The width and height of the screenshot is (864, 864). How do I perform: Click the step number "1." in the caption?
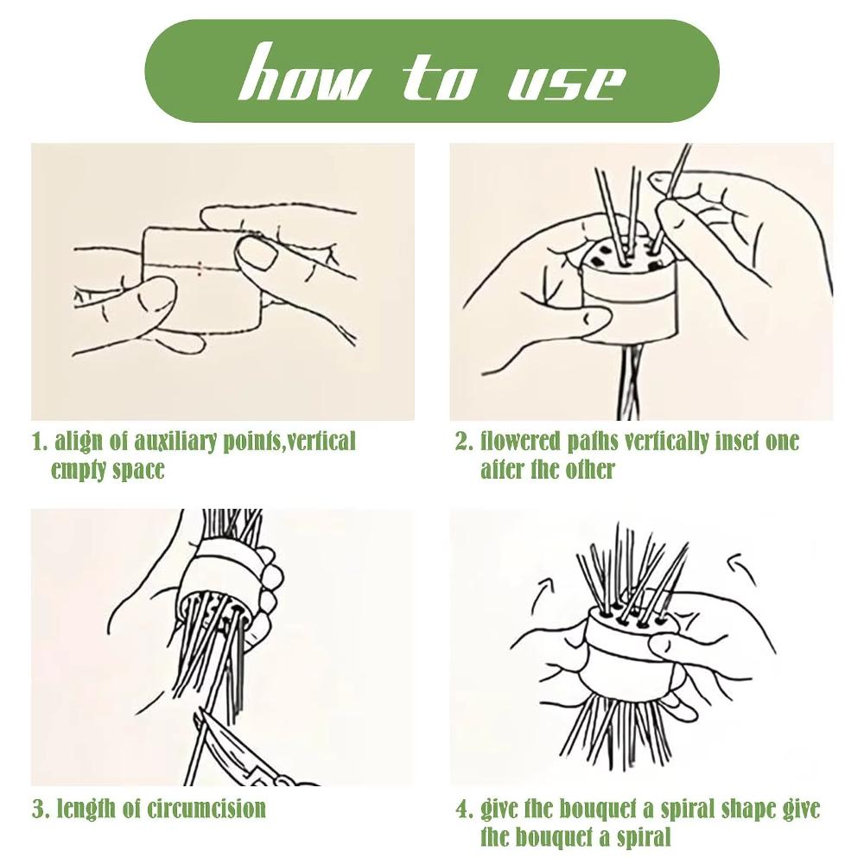tap(41, 442)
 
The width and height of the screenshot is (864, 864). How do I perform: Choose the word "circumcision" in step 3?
tap(206, 809)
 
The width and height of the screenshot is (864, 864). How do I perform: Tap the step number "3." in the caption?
tap(41, 809)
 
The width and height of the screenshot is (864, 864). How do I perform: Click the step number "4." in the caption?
tap(465, 809)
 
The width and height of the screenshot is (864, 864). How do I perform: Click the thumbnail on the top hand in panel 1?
tap(257, 252)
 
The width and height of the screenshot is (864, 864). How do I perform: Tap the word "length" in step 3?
tap(85, 809)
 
